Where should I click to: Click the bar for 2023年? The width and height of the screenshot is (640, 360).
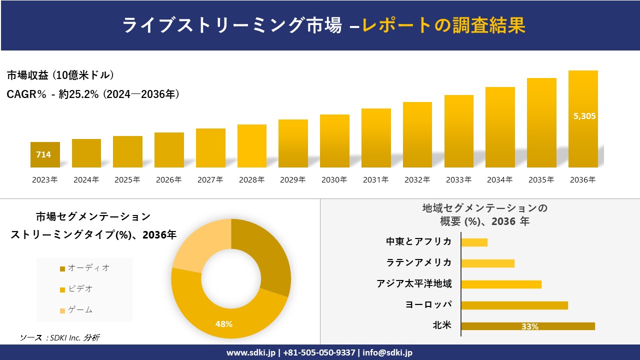coord(45,155)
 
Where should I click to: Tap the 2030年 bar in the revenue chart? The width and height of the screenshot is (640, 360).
coord(334,141)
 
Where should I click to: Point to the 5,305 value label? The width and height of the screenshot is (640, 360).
coord(584,116)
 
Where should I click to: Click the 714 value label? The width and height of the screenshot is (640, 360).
coord(43,154)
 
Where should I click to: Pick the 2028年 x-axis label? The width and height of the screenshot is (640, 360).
coord(251,180)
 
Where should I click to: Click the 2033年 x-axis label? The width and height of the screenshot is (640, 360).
coord(458,180)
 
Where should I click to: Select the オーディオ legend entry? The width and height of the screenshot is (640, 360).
coord(84,268)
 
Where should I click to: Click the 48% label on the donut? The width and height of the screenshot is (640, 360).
coord(223,324)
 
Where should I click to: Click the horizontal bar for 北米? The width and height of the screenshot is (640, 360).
coord(527,326)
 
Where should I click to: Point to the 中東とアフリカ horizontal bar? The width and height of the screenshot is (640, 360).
coord(474,242)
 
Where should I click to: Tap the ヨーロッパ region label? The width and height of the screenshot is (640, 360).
coord(428,304)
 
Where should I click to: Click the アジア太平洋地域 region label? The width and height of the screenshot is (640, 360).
coord(414,283)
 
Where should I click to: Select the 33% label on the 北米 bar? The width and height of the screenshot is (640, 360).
coord(529,326)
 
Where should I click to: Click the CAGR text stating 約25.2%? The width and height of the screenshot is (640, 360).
coord(93,94)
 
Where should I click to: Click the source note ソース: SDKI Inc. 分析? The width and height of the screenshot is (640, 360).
coord(60,337)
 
